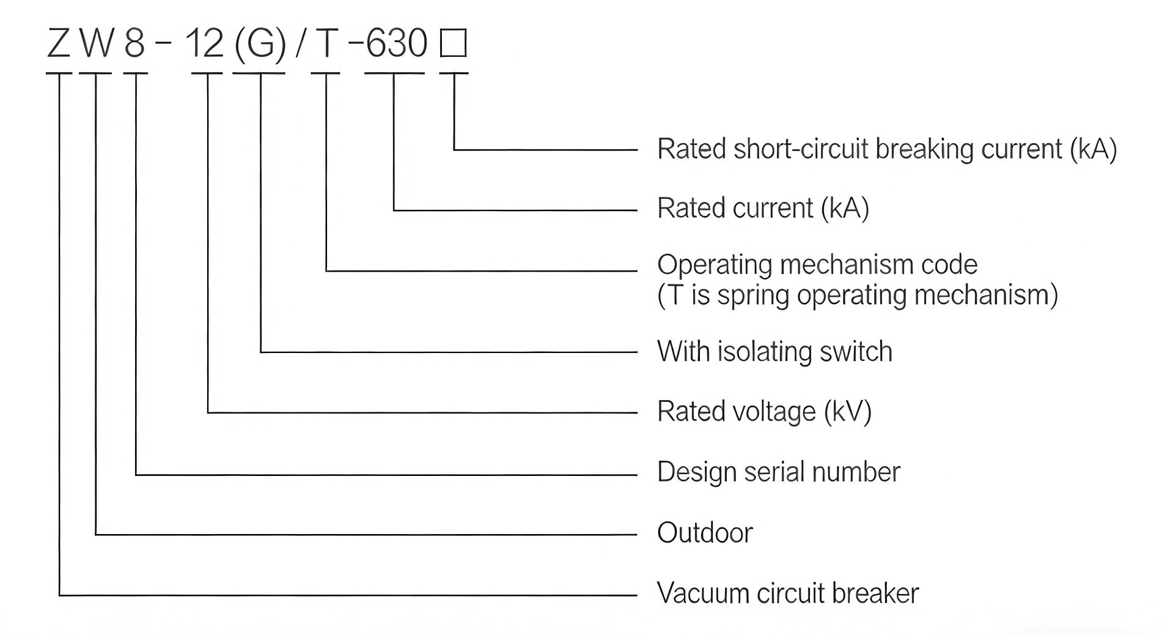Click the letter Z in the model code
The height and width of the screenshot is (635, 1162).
59,44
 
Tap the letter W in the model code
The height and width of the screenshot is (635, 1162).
97,44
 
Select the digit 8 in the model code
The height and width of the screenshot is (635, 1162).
134,44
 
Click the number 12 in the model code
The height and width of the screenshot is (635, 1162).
204,44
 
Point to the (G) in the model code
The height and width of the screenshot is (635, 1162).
260,44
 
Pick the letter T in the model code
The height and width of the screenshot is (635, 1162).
326,44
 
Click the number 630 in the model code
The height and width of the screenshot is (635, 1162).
397,44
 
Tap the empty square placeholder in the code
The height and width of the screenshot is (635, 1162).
454,44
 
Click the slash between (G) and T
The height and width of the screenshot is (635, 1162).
300,44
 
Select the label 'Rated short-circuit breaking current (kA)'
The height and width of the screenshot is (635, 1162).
886,149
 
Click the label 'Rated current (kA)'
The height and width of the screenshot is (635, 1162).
763,209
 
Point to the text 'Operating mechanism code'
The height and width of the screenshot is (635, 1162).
817,265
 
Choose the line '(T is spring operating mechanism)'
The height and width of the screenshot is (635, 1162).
858,295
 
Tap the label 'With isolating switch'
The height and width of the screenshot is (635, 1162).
774,352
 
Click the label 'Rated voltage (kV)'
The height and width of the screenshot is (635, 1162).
764,411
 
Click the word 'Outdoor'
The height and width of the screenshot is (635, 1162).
705,533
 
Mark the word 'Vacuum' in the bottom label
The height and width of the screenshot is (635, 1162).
702,593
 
